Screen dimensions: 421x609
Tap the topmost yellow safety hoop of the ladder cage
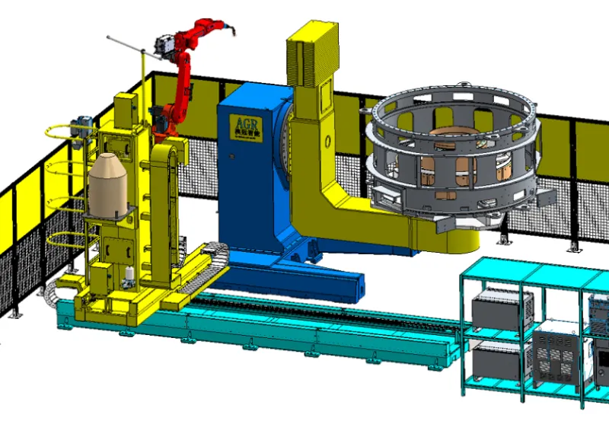pyautogui.click(x=61, y=129)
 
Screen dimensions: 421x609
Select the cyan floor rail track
pyautogui.click(x=304, y=335)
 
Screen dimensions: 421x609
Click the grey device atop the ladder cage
pyautogui.click(x=83, y=126)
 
